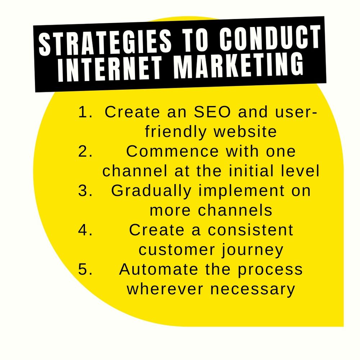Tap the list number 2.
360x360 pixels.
pyautogui.click(x=86, y=152)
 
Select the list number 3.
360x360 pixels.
pyautogui.click(x=86, y=191)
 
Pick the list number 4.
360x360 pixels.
pyautogui.click(x=86, y=230)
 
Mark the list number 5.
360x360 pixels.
pyautogui.click(x=86, y=269)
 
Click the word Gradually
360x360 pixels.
pyautogui.click(x=151, y=191)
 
